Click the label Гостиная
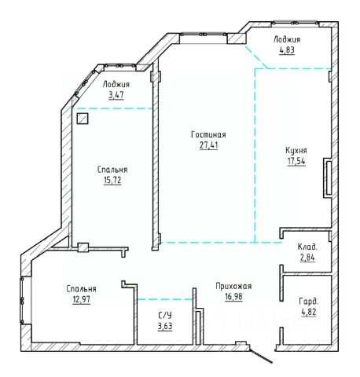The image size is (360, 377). pos(208,134)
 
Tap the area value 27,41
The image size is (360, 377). pos(208,145)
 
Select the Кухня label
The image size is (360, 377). pos(296,151)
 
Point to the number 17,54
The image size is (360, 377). pos(296,161)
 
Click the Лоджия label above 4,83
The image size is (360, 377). pos(287,39)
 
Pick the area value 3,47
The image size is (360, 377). pos(116,95)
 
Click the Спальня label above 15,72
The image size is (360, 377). pos(112,170)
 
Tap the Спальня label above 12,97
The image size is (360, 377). pos(81,289)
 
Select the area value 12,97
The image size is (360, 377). pos(81,299)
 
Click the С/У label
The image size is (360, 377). pos(165,316)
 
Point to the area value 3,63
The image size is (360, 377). pos(165,327)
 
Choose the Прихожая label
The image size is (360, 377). pos(233,286)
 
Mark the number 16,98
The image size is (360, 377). pos(233,297)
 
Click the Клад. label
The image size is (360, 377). pos(307,247)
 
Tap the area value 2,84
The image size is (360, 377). pos(307,258)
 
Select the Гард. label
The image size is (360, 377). pos(309,302)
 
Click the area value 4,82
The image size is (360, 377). pos(309,312)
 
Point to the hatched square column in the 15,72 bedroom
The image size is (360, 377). pos(83,119)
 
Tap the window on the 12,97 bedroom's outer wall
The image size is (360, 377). pos(22,300)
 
